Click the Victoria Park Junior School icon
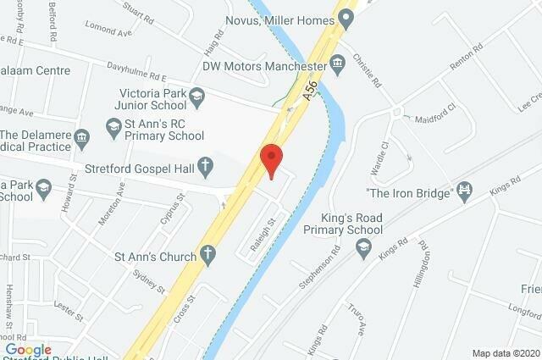[197, 93]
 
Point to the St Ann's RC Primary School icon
[113, 127]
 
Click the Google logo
[28, 350]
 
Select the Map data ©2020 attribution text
[505, 352]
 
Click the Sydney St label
[148, 280]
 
